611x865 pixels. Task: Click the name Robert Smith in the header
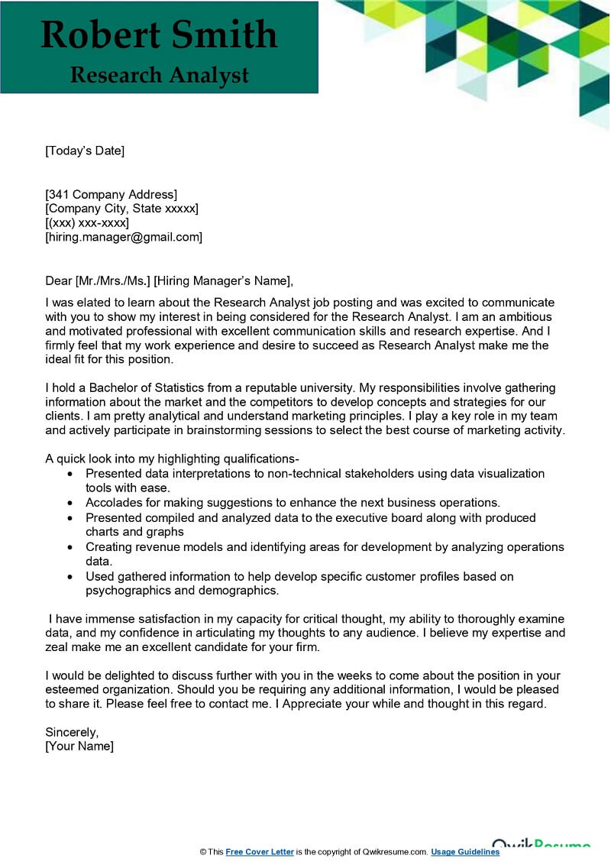coord(159,35)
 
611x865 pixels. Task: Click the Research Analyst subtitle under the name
coord(159,75)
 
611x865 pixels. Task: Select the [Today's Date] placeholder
coord(84,151)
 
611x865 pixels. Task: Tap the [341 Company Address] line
coord(111,194)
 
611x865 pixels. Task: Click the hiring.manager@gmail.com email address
coord(124,238)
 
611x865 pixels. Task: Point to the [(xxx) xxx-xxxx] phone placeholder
coord(87,223)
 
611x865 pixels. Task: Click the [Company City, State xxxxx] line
coord(121,209)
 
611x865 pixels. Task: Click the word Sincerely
coord(72,732)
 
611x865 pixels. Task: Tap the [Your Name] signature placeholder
coord(79,747)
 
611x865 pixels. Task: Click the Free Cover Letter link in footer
coord(260,852)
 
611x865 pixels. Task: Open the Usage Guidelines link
coord(465,852)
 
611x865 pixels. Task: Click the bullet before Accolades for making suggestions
coord(70,504)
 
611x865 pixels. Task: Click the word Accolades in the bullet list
coord(112,503)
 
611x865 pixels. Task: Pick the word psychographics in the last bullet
coord(125,591)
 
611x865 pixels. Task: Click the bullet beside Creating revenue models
coord(70,548)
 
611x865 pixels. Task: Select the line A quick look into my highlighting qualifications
coord(172,459)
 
